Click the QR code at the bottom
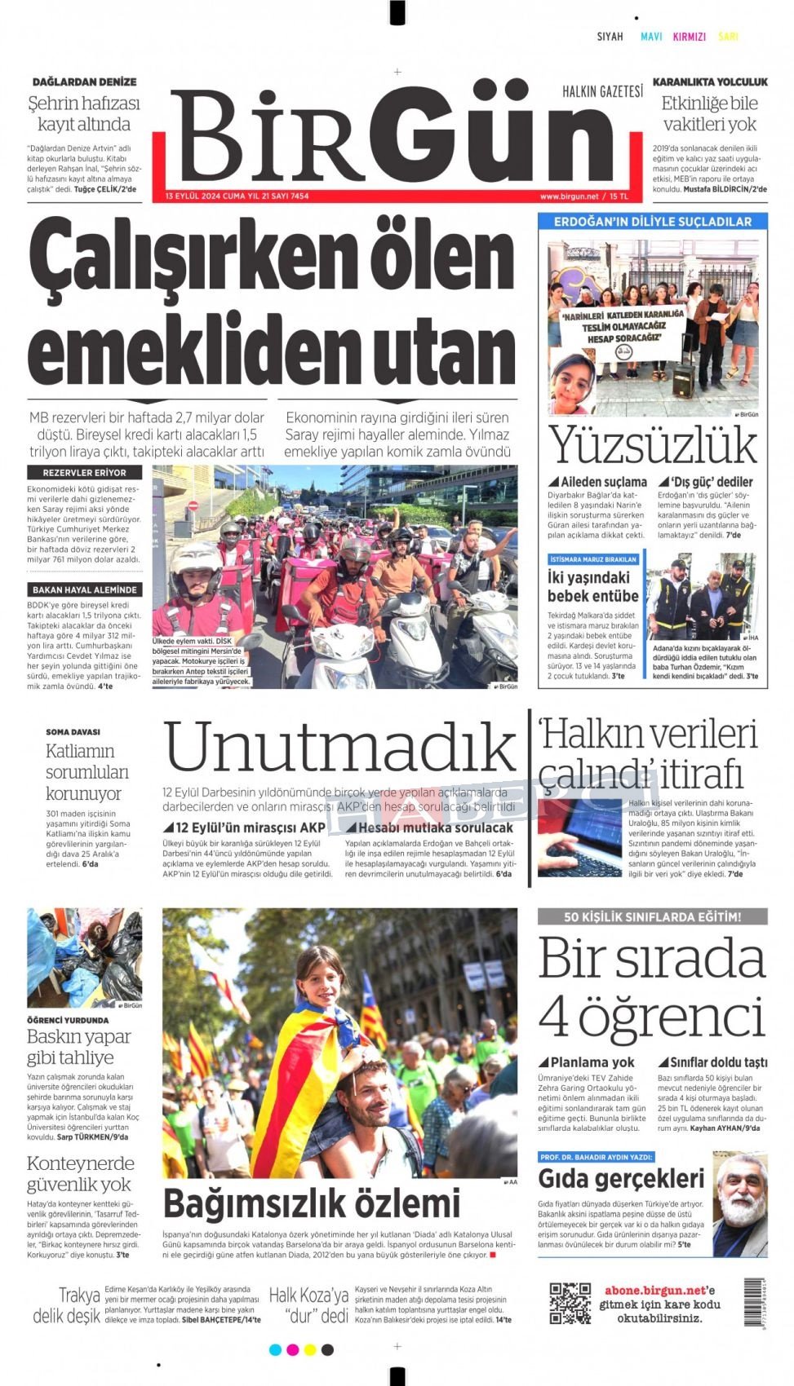[570, 1303]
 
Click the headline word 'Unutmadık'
[339, 748]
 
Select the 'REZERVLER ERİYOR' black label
[84, 472]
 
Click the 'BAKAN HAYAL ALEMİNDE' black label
[84, 589]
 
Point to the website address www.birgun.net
[569, 196]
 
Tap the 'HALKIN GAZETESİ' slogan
[602, 91]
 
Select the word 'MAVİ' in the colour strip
[651, 37]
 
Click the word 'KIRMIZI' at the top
[689, 37]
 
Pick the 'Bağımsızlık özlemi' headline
[312, 1203]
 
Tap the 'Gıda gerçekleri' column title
[621, 1179]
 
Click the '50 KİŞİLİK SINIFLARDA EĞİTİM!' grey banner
[652, 917]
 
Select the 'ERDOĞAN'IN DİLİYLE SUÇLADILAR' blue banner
[652, 222]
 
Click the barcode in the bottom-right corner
[753, 1302]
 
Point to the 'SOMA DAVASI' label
[73, 731]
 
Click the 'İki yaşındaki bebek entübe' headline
[592, 586]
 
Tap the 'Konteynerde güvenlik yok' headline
[80, 1173]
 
